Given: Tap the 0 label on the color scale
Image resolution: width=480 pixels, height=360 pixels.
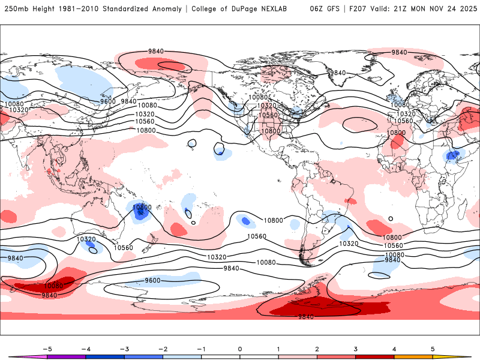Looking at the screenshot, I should tap(240, 348).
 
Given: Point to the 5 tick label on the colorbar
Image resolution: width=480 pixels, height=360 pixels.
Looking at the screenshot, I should tap(433, 348).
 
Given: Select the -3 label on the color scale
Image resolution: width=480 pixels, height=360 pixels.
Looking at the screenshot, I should tap(124, 348).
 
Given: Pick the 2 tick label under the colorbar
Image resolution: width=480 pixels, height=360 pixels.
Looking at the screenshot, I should tap(317, 348).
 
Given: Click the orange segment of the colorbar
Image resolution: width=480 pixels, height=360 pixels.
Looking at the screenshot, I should tap(413, 356).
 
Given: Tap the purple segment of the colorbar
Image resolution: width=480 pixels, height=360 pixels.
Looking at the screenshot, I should tap(66, 356).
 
